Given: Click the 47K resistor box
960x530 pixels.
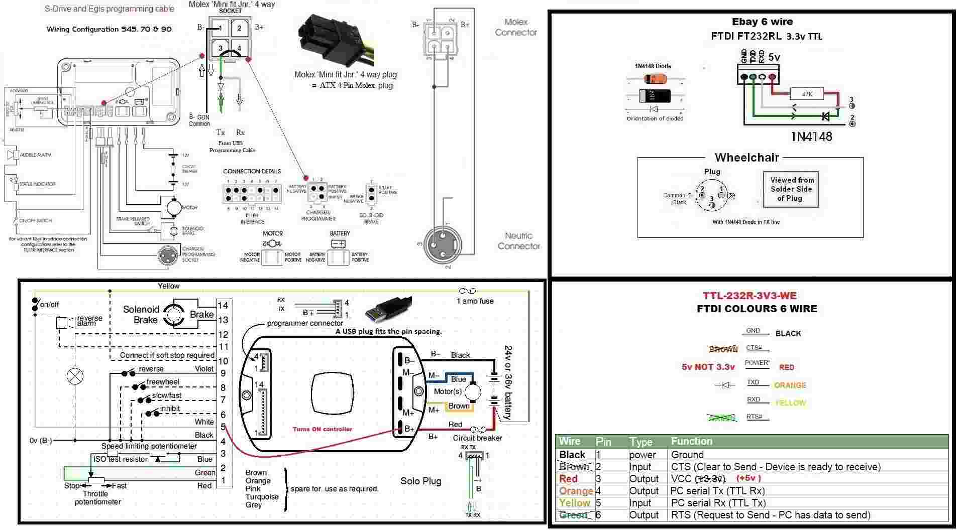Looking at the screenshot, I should pos(807,94).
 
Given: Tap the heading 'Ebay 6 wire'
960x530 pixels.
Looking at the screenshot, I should pos(762,22).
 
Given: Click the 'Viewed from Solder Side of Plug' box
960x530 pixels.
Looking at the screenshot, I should pos(791,189).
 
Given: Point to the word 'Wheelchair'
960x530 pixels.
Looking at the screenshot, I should pos(746,158).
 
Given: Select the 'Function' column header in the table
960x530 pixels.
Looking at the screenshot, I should pos(691,441).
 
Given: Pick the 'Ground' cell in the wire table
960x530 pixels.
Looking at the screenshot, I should pos(687,455).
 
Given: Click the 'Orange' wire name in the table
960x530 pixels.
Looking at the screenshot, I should pos(576,491).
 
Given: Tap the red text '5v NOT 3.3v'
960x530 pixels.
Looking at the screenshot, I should pos(708,367).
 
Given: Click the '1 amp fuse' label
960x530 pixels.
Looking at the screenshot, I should pos(475,301).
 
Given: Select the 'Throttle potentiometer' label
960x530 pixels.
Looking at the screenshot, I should pos(97,497).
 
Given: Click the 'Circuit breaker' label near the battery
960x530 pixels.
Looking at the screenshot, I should pos(477,438).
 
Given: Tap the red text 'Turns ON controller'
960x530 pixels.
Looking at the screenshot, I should pos(322,429).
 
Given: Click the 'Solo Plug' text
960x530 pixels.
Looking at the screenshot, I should pos(420,481).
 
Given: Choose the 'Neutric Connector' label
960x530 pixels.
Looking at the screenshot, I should pos(518,241).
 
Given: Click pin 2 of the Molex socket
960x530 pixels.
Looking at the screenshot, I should pos(239,28).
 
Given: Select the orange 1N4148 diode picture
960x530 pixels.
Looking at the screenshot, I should pos(655,79).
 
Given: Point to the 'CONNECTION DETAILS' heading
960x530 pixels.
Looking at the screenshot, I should pos(252,171).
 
